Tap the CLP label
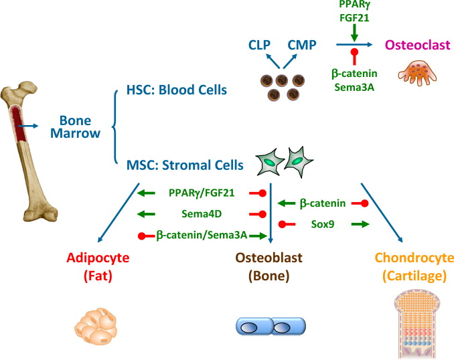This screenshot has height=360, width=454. [x=258, y=46]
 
